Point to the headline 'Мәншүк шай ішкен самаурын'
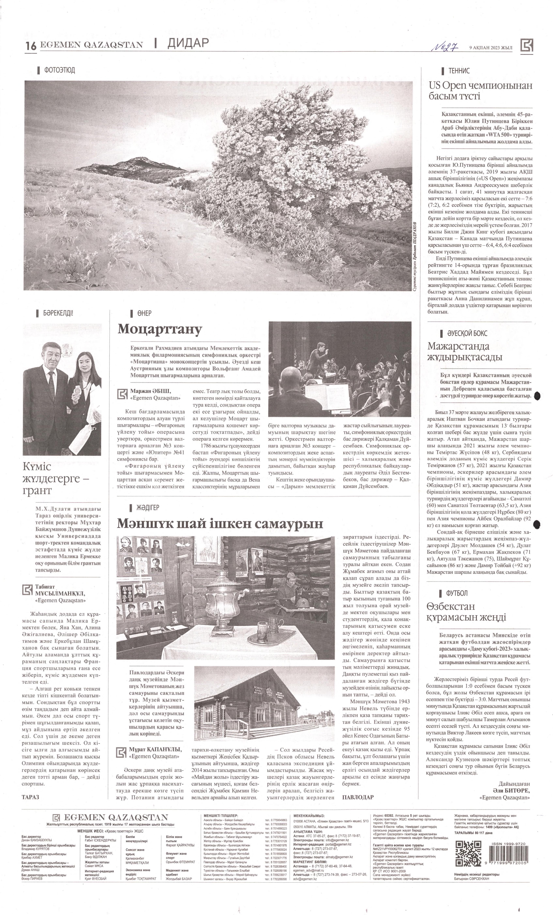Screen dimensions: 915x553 (220, 523)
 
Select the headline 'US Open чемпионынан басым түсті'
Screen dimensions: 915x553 (480, 91)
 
